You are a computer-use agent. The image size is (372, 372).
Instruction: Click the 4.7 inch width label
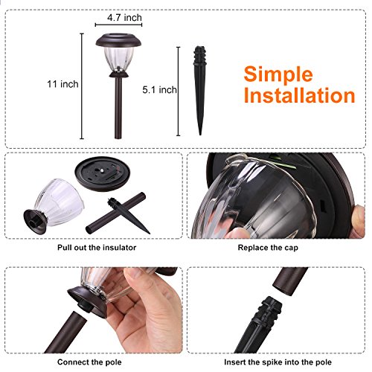coord(124,16)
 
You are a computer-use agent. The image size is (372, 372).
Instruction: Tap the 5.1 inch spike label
coord(159,89)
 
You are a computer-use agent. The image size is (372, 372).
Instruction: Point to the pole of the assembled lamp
coord(118,112)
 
